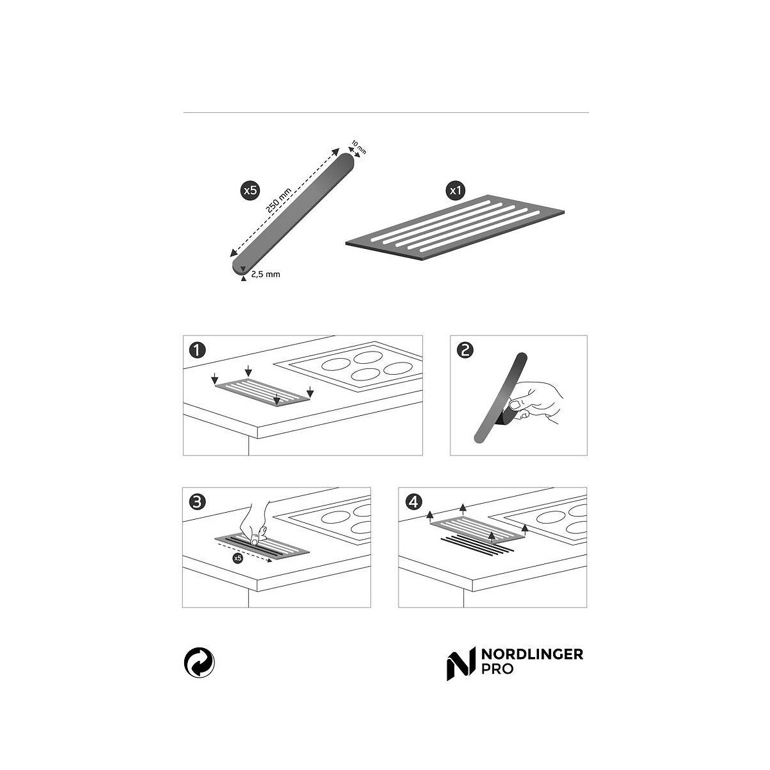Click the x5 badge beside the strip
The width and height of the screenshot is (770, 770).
pyautogui.click(x=250, y=191)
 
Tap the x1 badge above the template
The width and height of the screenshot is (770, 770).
pyautogui.click(x=456, y=191)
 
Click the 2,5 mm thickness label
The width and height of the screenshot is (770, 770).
pyautogui.click(x=265, y=274)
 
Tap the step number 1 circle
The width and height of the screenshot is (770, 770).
pyautogui.click(x=198, y=350)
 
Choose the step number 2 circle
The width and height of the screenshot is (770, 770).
pyautogui.click(x=465, y=350)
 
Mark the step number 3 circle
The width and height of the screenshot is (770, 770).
pyautogui.click(x=196, y=502)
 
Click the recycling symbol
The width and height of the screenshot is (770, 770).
pyautogui.click(x=199, y=662)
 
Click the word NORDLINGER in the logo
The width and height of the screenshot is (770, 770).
pyautogui.click(x=532, y=654)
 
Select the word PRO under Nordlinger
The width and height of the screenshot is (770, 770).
pyautogui.click(x=497, y=669)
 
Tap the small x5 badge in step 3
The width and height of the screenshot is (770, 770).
pyautogui.click(x=237, y=558)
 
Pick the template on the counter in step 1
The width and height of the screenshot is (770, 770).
pyautogui.click(x=262, y=393)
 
